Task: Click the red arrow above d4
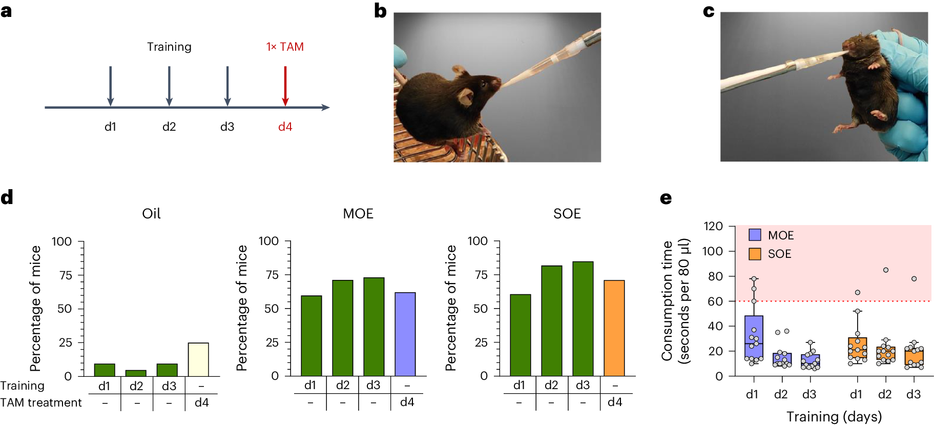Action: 285,86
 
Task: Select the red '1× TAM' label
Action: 285,47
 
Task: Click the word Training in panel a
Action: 169,47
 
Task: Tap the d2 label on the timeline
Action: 169,127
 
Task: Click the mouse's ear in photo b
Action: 466,96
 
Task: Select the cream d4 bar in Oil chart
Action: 198,359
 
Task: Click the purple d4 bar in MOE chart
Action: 405,334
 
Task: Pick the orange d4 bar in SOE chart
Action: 614,328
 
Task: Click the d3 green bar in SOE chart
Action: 583,319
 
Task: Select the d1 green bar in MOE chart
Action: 312,336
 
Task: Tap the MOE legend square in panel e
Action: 755,235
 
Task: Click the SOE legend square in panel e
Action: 755,254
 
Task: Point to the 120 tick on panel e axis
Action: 713,226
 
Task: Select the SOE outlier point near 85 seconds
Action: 886,270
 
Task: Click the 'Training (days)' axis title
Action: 834,416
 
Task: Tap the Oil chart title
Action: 151,213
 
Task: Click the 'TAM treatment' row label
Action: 41,403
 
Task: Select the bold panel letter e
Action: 666,198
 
